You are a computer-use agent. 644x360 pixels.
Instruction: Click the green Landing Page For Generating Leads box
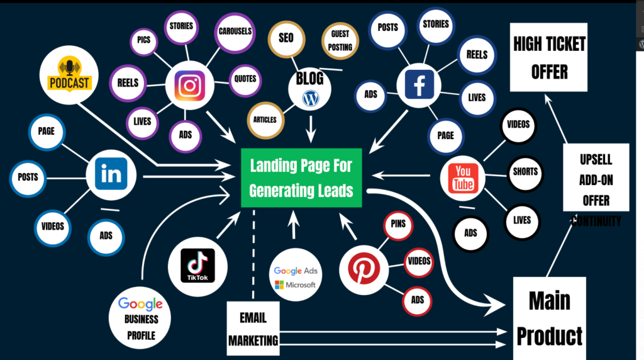301,178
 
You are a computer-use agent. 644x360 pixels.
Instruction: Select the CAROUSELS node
235,31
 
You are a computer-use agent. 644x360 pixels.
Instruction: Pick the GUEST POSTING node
341,42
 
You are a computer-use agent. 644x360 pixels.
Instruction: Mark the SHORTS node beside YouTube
525,171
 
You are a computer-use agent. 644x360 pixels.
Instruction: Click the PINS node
397,225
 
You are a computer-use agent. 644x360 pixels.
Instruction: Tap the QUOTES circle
245,79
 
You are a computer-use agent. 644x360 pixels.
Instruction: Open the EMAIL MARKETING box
253,328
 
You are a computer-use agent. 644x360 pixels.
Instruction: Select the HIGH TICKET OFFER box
549,57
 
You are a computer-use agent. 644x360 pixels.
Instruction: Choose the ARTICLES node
265,119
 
